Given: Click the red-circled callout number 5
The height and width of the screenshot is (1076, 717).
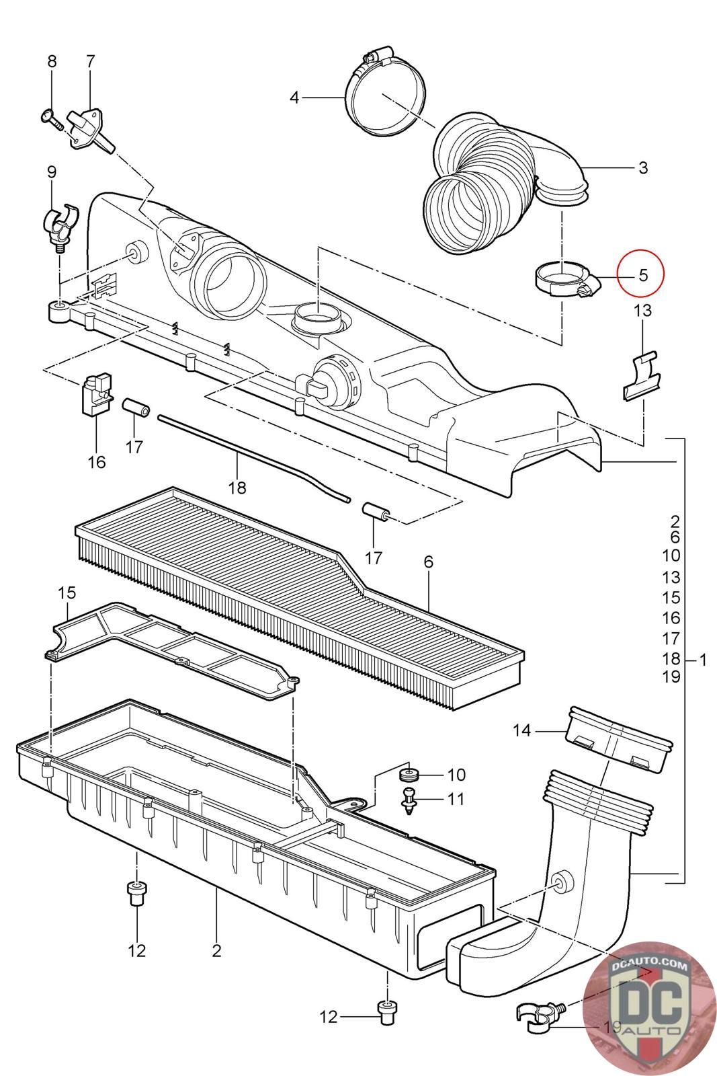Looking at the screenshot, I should click(x=642, y=275).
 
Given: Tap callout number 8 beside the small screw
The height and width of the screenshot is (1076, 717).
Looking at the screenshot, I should click(x=52, y=61).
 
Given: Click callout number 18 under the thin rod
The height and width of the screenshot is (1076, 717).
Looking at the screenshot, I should click(x=237, y=487).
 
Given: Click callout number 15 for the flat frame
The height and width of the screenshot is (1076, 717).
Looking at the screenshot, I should click(x=67, y=592).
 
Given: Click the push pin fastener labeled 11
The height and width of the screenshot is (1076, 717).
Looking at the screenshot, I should click(x=408, y=800).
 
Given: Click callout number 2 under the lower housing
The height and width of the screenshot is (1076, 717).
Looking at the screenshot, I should click(x=216, y=950).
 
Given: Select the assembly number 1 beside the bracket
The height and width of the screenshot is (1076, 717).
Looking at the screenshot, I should click(x=703, y=660).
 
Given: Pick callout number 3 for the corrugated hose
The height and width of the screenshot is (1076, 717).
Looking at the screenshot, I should click(x=643, y=167).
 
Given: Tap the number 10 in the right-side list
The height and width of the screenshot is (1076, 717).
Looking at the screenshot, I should click(x=671, y=555).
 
